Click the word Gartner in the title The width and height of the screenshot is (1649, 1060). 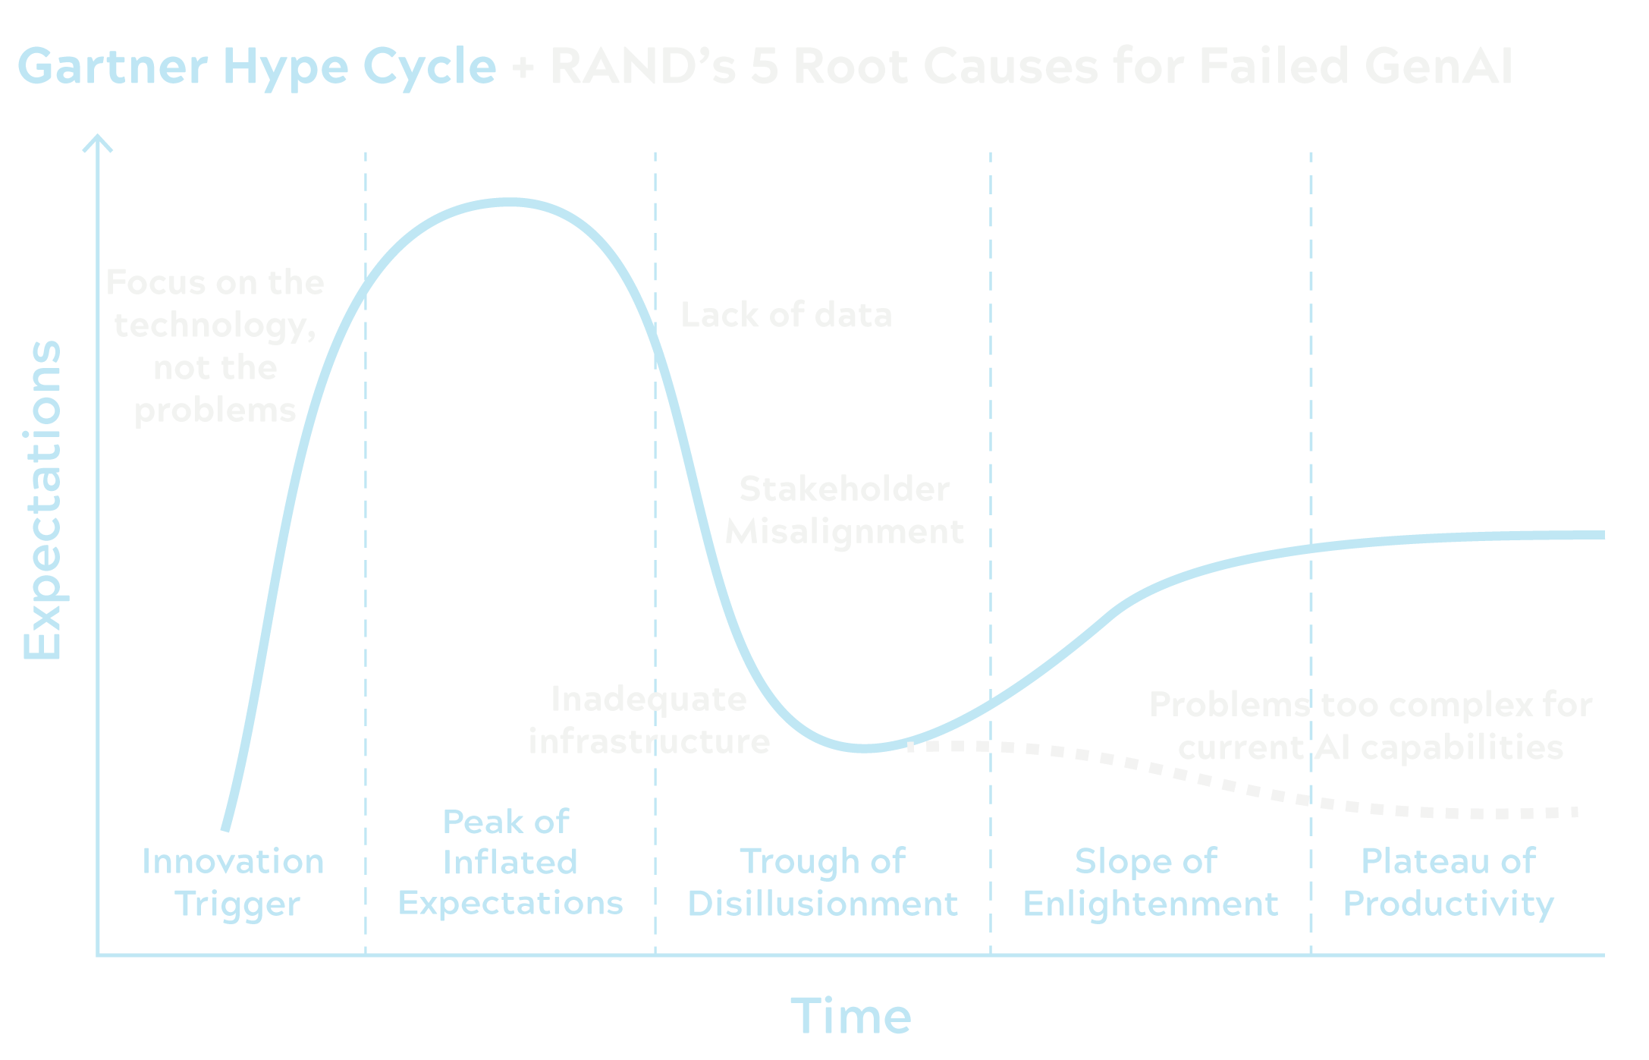pos(112,66)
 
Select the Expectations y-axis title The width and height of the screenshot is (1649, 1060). pos(42,501)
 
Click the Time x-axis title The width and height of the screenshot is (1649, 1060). pos(851,1016)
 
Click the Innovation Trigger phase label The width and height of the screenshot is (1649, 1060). pos(234,882)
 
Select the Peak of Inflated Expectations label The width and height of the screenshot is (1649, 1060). pos(510,862)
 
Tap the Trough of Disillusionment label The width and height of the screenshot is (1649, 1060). pos(823,882)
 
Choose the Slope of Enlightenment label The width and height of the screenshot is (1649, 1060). pos(1150,882)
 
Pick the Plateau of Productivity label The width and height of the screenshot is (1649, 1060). pos(1448,882)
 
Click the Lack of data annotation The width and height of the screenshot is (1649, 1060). pos(787,315)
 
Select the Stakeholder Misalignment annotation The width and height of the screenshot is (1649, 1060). pos(844,510)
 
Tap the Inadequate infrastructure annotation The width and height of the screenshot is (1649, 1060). pos(649,720)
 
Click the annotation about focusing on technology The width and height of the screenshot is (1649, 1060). pos(215,347)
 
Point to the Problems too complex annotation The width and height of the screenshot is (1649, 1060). pos(1371,726)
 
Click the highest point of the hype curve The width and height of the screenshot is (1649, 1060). pos(508,203)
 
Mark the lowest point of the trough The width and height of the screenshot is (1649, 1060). pos(865,748)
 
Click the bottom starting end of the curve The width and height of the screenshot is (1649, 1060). pos(225,829)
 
